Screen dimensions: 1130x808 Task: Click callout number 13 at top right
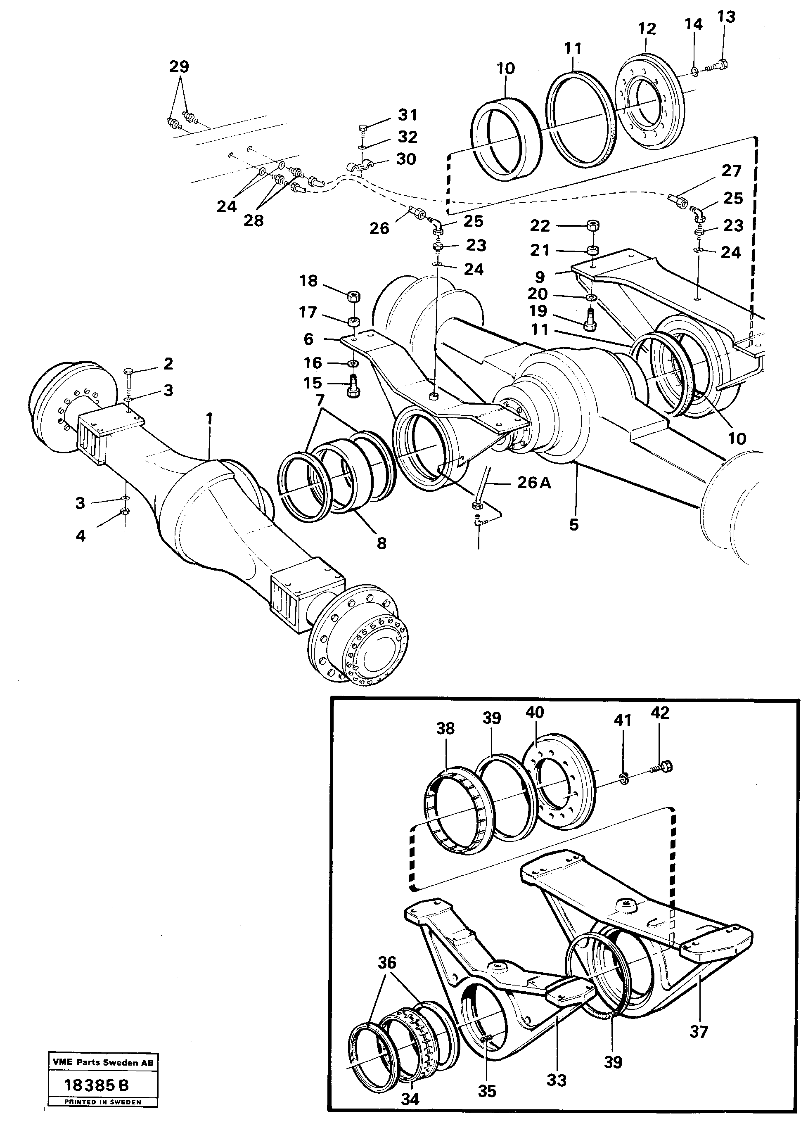(x=726, y=17)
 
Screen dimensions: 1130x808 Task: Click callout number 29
(x=179, y=66)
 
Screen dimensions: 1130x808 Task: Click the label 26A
(x=533, y=482)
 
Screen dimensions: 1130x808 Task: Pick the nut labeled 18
(x=354, y=298)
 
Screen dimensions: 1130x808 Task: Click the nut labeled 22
(x=592, y=225)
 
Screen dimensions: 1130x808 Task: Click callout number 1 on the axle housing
(x=209, y=419)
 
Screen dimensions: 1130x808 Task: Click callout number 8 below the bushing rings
(x=381, y=543)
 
